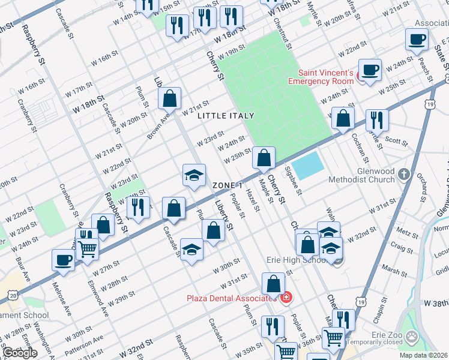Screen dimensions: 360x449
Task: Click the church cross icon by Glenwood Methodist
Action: pyautogui.click(x=405, y=175)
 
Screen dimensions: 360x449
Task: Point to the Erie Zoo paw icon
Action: pyautogui.click(x=412, y=337)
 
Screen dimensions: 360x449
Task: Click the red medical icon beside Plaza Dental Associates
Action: pyautogui.click(x=286, y=298)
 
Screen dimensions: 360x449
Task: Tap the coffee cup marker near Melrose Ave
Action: pyautogui.click(x=64, y=260)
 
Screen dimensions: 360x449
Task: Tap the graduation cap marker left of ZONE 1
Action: pyautogui.click(x=194, y=175)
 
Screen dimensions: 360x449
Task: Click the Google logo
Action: pyautogui.click(x=19, y=353)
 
